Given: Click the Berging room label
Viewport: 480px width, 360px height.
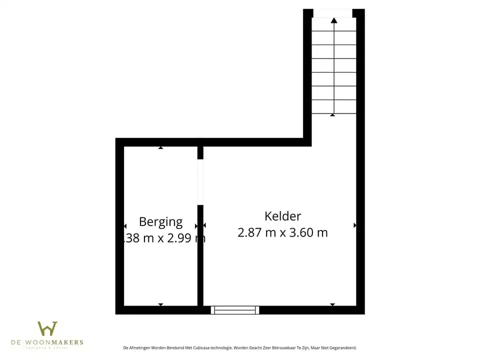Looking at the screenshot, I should coord(160,221).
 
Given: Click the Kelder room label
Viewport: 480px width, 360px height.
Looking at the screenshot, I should coord(283,216).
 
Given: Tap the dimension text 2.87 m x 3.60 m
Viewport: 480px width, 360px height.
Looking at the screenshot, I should coord(283,232).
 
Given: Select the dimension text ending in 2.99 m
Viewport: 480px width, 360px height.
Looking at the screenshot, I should coord(164,238).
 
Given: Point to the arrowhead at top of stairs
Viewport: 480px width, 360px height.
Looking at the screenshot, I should coord(334,20).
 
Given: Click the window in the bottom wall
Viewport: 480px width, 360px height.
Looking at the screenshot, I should coord(234,310).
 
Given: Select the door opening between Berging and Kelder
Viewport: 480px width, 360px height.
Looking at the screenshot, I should coord(200,182).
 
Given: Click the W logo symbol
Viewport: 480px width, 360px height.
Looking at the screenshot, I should coord(47,328).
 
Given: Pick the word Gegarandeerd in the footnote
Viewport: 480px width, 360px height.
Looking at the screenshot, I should coord(341,347).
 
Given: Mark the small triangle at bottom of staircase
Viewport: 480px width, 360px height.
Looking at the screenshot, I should coord(332,115).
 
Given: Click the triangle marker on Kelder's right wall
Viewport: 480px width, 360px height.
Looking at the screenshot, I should coord(355,225).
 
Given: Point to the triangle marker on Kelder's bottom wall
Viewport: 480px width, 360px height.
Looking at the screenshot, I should coord(332,304).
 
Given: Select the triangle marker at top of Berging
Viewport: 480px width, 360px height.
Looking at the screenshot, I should coord(160,147).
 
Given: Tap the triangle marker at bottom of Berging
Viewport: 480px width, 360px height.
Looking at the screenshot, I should coord(160,304).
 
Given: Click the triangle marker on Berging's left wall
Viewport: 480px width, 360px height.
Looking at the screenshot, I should coord(125,226).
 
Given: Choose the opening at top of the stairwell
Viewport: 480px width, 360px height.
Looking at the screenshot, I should coord(332,13).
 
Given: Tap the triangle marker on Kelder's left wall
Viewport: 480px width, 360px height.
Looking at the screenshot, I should coord(204,225).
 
